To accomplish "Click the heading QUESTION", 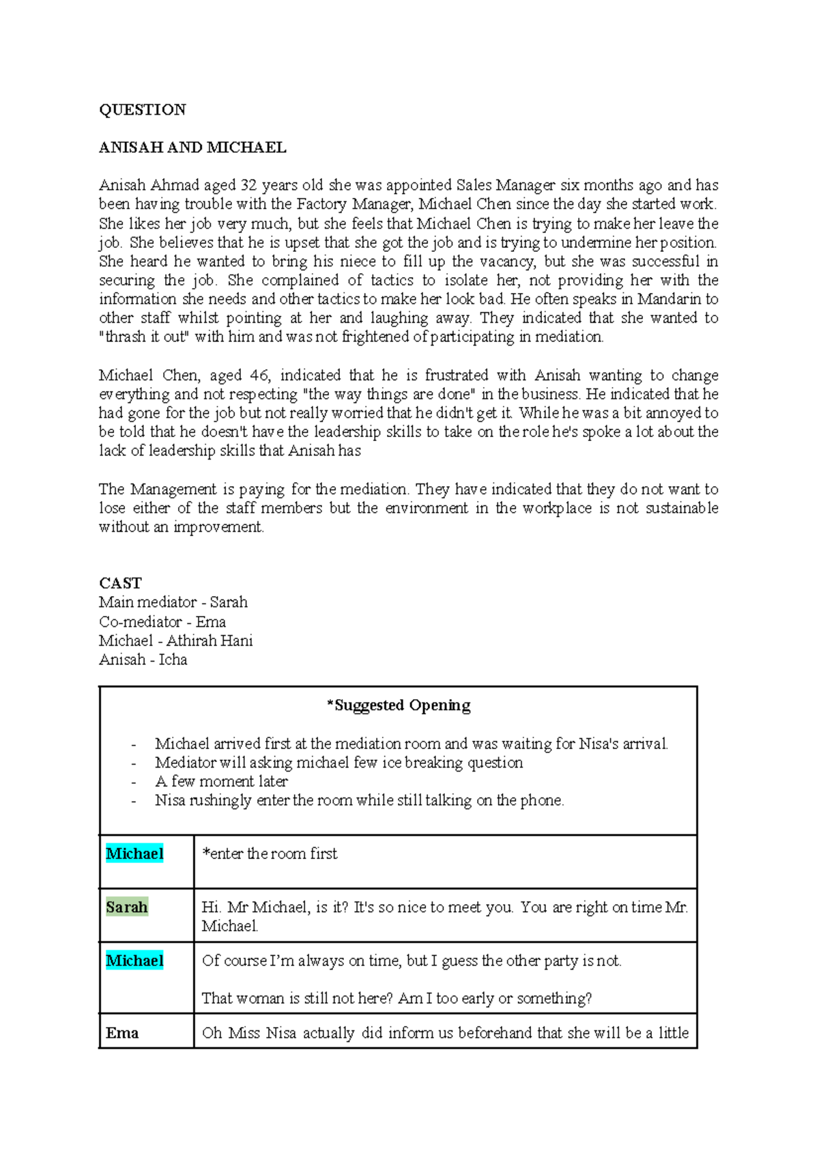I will coord(142,110).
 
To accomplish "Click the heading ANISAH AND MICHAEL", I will coord(192,147).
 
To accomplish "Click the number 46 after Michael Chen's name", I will coord(259,375).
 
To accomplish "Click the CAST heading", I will coord(120,583).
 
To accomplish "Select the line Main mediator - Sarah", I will coord(173,602).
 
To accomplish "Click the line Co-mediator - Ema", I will coord(162,621).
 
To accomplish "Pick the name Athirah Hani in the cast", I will coord(210,640).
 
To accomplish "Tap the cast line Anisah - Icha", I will coord(143,660).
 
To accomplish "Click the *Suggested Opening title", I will coord(399,705).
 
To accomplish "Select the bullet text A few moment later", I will coord(221,781).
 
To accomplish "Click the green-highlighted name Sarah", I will coord(127,907).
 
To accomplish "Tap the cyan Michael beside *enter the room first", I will coord(134,853).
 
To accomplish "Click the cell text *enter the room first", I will coord(270,853).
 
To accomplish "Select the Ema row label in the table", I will coord(122,1033).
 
